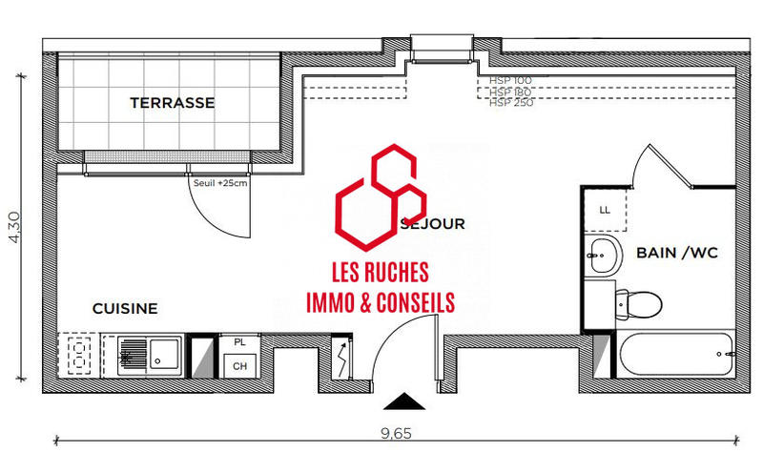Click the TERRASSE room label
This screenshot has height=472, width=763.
tap(172, 103)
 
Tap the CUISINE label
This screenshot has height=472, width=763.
tap(125, 309)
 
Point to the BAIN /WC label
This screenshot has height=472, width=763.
tap(676, 253)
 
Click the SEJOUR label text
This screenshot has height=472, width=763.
tap(434, 225)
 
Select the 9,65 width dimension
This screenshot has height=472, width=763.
tap(396, 434)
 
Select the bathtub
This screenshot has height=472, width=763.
tap(677, 359)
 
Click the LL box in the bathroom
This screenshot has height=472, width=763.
tap(605, 210)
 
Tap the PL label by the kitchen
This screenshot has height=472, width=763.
tap(239, 341)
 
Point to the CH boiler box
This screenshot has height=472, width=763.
tap(239, 366)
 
